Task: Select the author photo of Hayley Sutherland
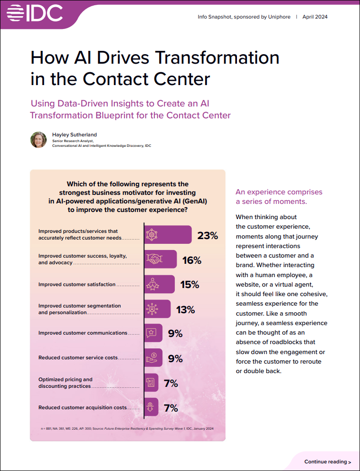pyautogui.click(x=38, y=140)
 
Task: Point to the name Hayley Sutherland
pyautogui.click(x=74, y=135)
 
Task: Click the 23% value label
pyautogui.click(x=208, y=235)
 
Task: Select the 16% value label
pyautogui.click(x=192, y=260)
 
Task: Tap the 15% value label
pyautogui.click(x=189, y=285)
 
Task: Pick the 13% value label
pyautogui.click(x=185, y=310)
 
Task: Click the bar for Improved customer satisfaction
pyautogui.click(x=159, y=284)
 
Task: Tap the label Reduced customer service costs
pyautogui.click(x=78, y=358)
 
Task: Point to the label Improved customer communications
pyautogui.click(x=83, y=333)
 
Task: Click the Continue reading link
pyautogui.click(x=328, y=461)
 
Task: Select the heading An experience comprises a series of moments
pyautogui.click(x=279, y=197)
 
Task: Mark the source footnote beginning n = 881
pyautogui.click(x=127, y=429)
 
